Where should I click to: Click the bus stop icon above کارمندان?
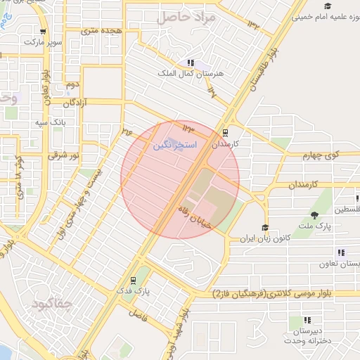225,132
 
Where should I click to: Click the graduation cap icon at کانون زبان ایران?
265,227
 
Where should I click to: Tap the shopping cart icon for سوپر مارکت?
44,31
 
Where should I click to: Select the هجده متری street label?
102,31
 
